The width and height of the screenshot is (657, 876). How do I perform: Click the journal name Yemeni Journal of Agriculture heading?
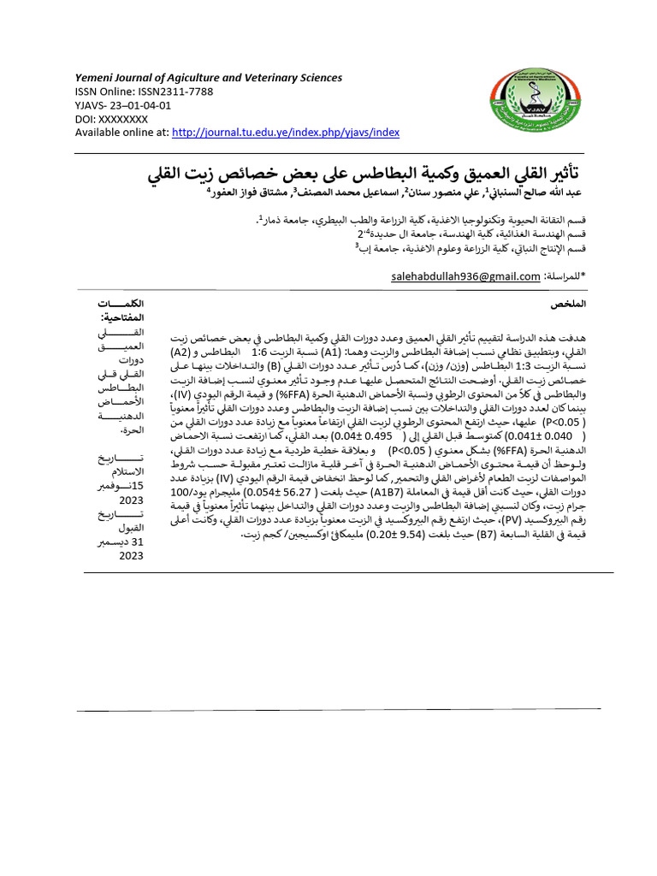[209, 78]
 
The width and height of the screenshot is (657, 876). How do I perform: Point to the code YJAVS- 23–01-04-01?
[123, 105]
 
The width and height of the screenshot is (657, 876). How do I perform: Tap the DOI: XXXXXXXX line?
[112, 119]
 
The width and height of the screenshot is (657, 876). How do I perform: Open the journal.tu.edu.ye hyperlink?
[286, 133]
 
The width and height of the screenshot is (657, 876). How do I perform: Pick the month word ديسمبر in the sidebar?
[126, 542]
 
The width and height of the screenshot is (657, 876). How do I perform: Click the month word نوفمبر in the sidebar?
[127, 486]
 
